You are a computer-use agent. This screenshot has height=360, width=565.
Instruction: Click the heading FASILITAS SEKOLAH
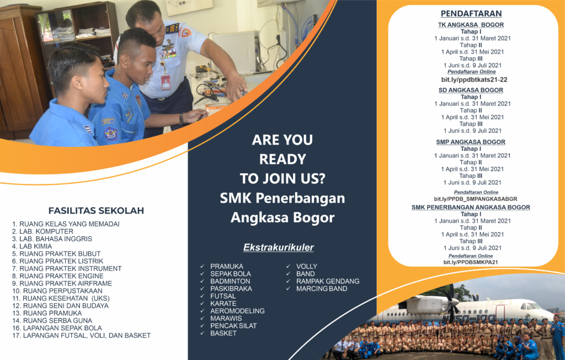96,210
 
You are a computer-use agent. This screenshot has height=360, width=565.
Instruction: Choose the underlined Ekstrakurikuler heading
278,247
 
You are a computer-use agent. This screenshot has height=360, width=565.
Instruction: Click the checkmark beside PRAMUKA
202,267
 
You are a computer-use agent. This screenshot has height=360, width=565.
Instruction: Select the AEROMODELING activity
237,311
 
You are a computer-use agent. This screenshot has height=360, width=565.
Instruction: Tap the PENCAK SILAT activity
233,326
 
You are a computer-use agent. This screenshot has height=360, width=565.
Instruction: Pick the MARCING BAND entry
322,289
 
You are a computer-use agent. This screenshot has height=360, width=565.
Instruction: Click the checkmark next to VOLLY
289,267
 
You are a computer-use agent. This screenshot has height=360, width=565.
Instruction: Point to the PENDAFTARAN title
472,13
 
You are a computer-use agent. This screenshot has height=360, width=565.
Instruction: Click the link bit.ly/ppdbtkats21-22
471,80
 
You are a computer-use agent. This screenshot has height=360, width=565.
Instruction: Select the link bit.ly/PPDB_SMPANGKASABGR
476,199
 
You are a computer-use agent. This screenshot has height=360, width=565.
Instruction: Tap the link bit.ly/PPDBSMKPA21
471,262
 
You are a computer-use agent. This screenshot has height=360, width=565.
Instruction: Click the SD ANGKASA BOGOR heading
471,90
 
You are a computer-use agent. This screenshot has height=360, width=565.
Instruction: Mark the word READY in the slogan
282,160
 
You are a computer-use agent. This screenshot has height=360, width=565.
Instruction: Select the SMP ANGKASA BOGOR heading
471,142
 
